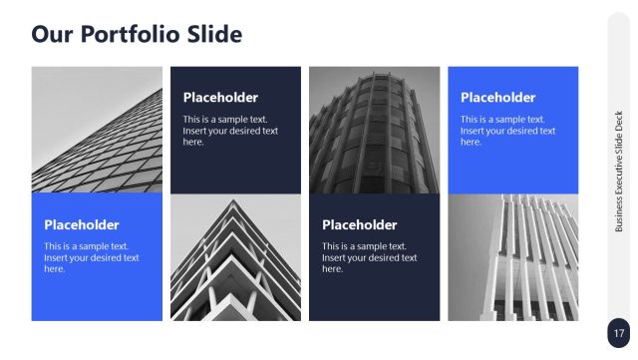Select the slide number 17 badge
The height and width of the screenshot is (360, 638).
(619, 333)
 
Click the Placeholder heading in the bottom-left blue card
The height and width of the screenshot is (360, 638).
(81, 225)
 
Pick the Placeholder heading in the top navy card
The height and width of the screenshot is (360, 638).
(220, 98)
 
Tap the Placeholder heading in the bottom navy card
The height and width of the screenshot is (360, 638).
(359, 225)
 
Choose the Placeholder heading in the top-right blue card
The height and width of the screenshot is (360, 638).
(497, 98)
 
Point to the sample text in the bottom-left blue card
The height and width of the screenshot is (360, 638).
(91, 257)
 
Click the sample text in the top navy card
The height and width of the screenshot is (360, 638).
(230, 130)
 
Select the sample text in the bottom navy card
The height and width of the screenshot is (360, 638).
(369, 257)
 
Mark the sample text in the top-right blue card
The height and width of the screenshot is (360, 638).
(507, 130)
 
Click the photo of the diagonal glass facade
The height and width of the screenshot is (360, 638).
(97, 129)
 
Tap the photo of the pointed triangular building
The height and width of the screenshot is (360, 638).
(235, 257)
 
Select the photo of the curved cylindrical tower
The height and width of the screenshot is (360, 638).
(374, 129)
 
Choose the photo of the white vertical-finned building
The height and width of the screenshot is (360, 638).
(512, 257)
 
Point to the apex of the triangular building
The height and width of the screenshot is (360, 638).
(235, 201)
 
